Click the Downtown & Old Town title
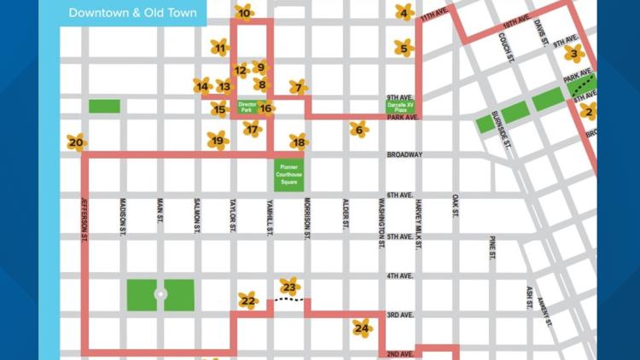pyautogui.click(x=132, y=13)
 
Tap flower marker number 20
pyautogui.click(x=77, y=142)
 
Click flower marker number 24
pyautogui.click(x=363, y=328)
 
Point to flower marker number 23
pyautogui.click(x=290, y=287)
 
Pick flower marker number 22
pyautogui.click(x=248, y=300)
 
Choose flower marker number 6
pyautogui.click(x=358, y=130)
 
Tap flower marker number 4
pyautogui.click(x=404, y=13)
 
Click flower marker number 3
pyautogui.click(x=574, y=55)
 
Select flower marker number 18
pyautogui.click(x=298, y=142)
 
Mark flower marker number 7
pyautogui.click(x=298, y=87)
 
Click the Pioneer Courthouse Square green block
pyautogui.click(x=288, y=174)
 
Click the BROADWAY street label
pyautogui.click(x=404, y=155)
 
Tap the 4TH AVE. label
pyautogui.click(x=399, y=276)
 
